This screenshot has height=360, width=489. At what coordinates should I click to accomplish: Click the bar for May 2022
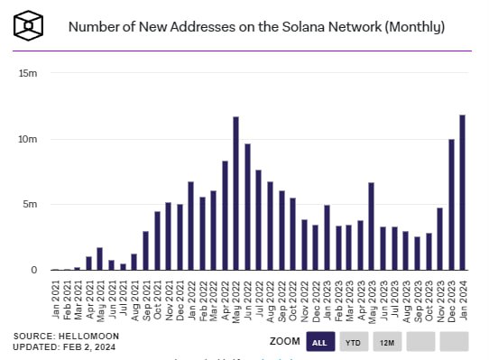(x=235, y=193)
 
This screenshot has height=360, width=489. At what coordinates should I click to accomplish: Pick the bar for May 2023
(x=371, y=226)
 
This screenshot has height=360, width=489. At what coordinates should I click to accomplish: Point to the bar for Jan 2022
(x=190, y=226)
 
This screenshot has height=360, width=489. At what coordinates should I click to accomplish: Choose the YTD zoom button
(x=353, y=342)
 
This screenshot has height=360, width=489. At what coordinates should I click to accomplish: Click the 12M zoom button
(x=387, y=342)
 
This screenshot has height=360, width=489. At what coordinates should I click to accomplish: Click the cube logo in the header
(x=32, y=26)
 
